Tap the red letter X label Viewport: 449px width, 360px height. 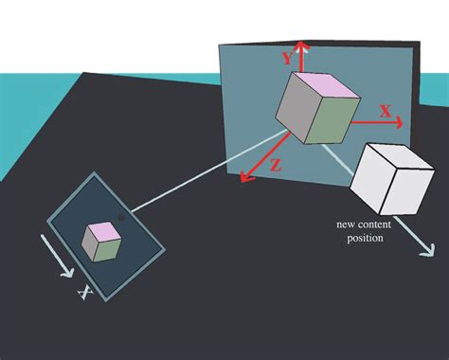pos(386,111)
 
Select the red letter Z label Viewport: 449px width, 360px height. pos(275,164)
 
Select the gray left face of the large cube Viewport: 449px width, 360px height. pos(295,116)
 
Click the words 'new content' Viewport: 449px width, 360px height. pos(359,225)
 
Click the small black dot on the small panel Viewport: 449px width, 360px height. pos(122,219)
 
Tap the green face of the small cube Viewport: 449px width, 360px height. pos(110,248)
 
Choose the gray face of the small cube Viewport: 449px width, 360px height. pos(89,246)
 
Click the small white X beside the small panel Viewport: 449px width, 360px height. pos(84,295)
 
